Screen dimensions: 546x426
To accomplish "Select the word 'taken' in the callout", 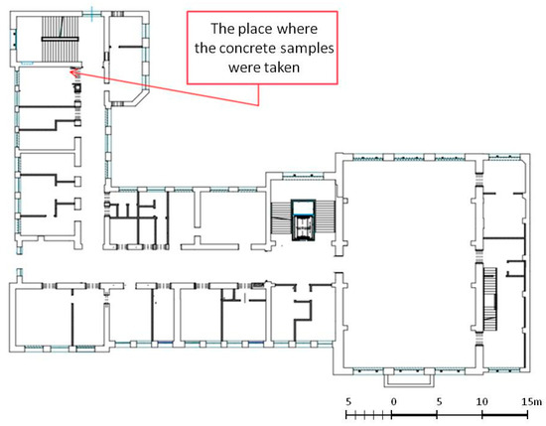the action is tap(282, 67).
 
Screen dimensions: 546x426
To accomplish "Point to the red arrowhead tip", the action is tap(70, 72).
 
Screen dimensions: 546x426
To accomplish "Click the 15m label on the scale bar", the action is tap(532, 401).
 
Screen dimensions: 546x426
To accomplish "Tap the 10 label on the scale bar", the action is tap(481, 401).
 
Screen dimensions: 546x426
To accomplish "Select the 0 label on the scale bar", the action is tap(393, 401).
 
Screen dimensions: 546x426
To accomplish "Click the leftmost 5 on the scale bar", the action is tap(348, 401).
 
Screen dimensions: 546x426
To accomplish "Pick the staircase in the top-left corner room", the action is tap(61, 39).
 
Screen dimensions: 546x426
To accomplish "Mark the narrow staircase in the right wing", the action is tap(489, 299).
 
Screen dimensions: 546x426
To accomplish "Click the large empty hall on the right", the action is tap(409, 264).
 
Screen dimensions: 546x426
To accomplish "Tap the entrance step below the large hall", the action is tap(409, 380).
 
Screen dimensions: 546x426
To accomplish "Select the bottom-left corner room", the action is tap(44, 316).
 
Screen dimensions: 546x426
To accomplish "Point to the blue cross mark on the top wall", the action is tap(92, 14).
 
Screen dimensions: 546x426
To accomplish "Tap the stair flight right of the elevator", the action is tap(325, 216).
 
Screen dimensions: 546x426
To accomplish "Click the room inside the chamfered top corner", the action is tap(125, 58).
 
